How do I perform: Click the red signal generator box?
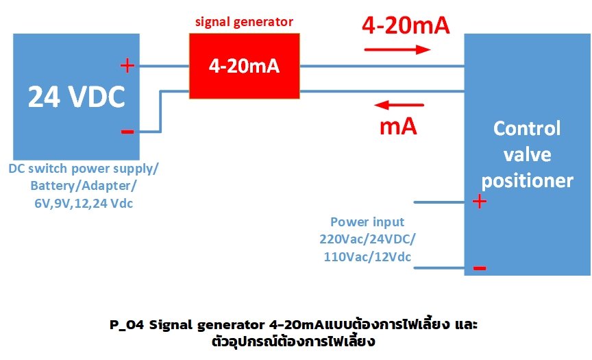coord(244,67)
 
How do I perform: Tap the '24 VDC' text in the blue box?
coord(76,98)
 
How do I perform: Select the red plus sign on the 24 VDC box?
coord(127,66)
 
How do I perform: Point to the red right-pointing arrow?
coord(397,49)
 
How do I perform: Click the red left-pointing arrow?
coord(398,105)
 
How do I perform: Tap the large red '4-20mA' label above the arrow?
coord(405,26)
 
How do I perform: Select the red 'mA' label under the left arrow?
coord(398,127)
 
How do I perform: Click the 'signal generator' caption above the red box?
coord(244,22)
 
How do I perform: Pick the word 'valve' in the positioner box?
coord(527,155)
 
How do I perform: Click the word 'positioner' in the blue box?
coord(527,180)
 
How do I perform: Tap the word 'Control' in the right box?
coord(527,129)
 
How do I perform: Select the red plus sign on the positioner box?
coord(480,202)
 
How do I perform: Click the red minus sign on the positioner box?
coord(480,268)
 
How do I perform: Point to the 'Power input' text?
coord(367,222)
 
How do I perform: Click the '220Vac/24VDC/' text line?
coord(367,239)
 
